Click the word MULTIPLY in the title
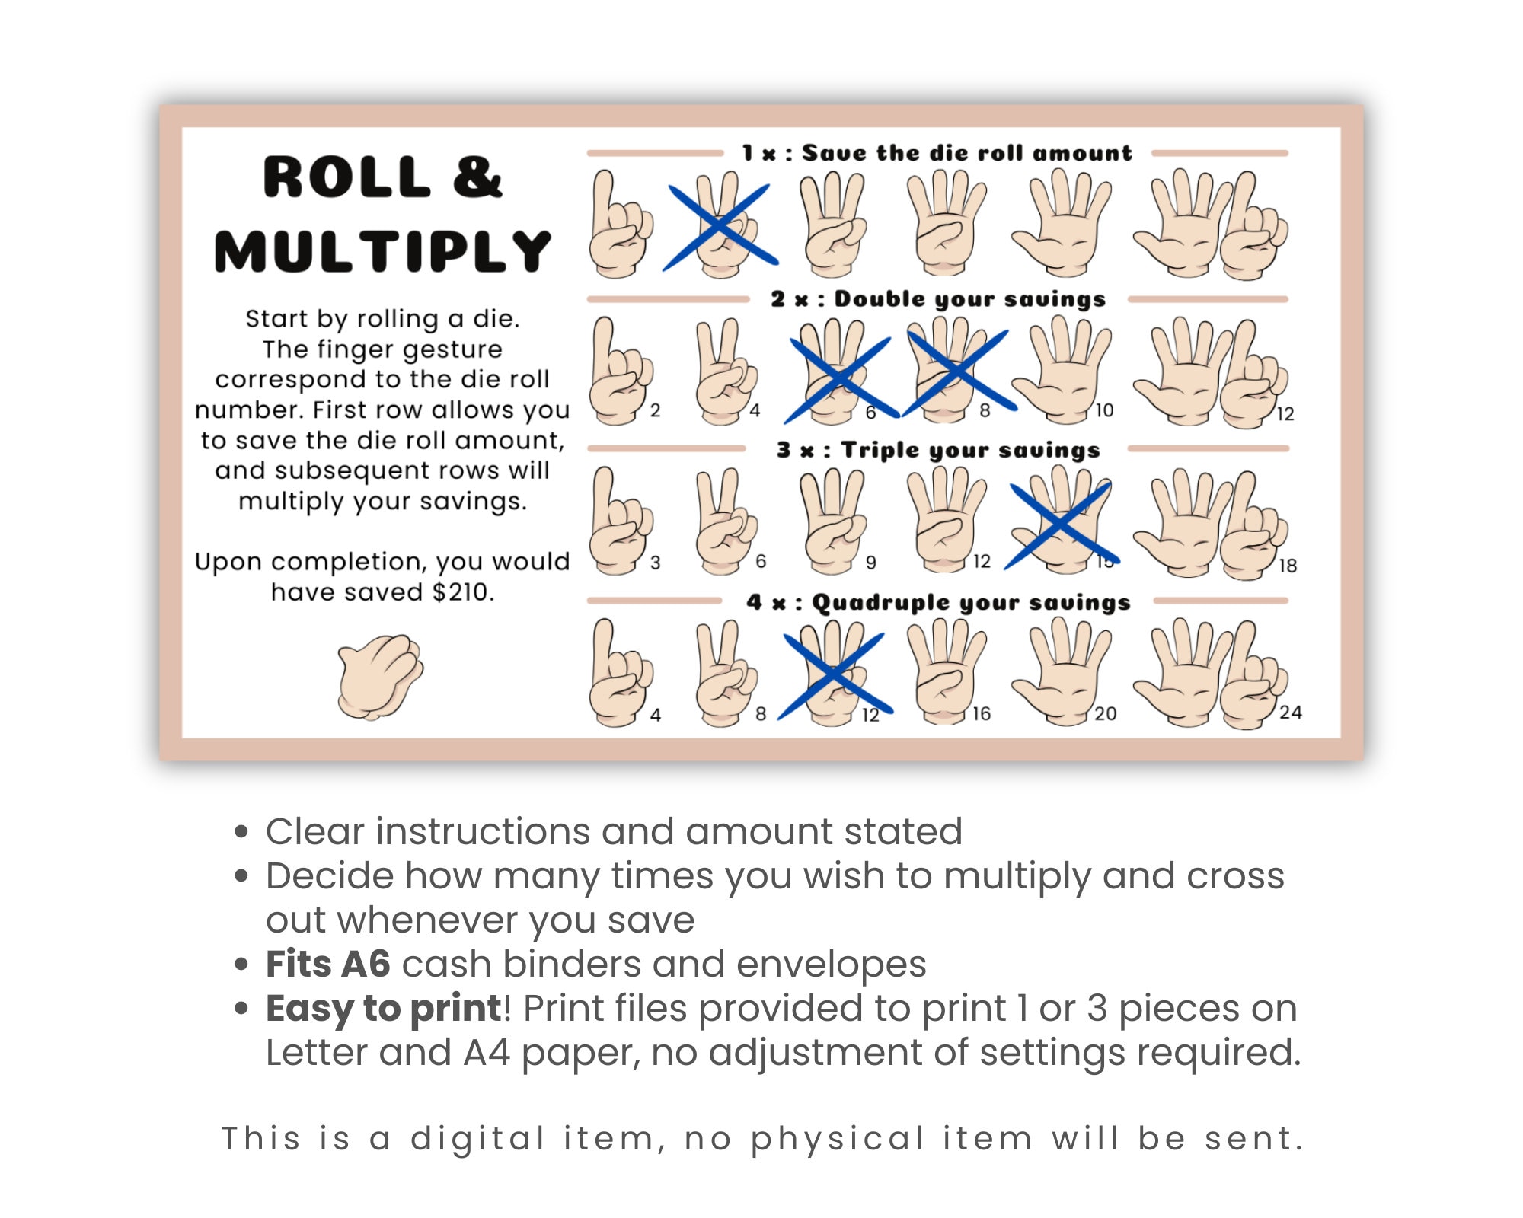point(382,252)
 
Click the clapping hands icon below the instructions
point(380,677)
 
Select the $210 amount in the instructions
point(462,592)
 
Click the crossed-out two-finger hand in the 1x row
point(720,225)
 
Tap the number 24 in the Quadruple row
point(1290,713)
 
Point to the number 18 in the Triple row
point(1288,566)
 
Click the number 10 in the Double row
point(1104,411)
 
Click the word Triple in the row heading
point(880,451)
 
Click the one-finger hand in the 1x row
point(620,225)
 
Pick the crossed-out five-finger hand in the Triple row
point(1062,524)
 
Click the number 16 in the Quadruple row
point(982,714)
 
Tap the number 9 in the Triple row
point(871,563)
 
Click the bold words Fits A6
point(327,965)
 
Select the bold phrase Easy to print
point(383,1009)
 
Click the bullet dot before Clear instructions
point(242,831)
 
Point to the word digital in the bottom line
point(477,1139)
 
